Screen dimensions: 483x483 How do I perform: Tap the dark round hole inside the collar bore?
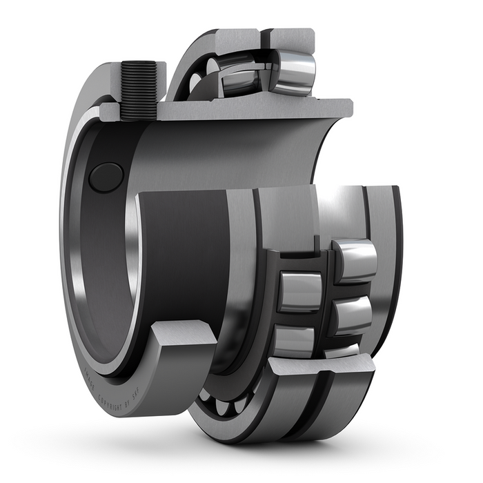pos(106,177)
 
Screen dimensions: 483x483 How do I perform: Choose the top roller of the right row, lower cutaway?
pos(355,259)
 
